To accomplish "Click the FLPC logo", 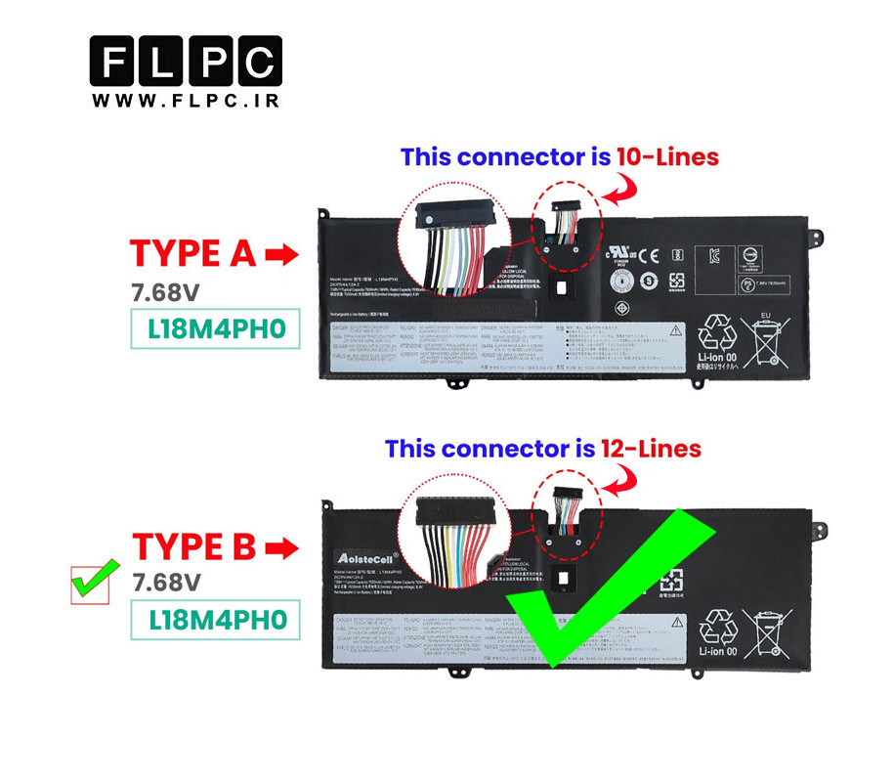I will [186, 62].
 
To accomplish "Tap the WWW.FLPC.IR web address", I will [186, 101].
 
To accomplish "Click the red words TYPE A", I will [192, 253].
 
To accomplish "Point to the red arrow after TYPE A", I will [282, 255].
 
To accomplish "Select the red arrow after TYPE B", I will [281, 547].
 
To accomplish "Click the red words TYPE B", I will [193, 546].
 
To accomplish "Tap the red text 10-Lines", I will [666, 156].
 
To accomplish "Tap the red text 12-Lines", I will [650, 449].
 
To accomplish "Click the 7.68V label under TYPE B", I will [166, 583].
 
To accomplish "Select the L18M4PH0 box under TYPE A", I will [216, 328].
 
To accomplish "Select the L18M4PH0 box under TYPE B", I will [216, 619].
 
